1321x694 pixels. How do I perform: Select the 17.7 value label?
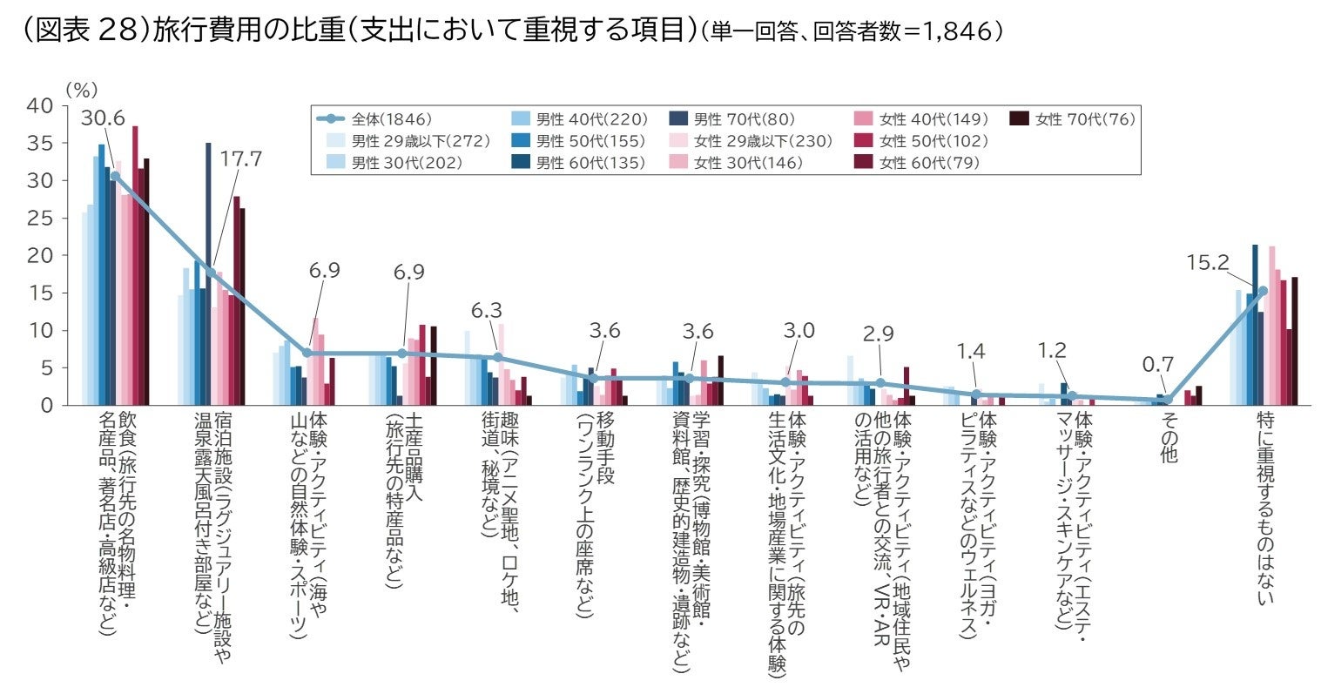pos(241,159)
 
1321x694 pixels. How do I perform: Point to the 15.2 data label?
pos(1207,262)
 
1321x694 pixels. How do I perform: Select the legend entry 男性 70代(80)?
pos(741,119)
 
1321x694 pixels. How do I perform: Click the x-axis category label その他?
pos(1169,437)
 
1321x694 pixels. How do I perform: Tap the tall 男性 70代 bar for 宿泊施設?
pos(208,274)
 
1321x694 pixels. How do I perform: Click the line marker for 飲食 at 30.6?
pos(115,176)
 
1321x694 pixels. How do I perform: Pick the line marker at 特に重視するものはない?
pos(1263,291)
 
